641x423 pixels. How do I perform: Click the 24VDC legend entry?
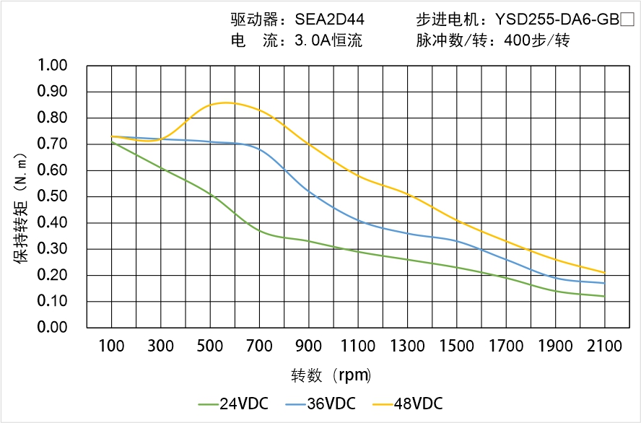(233, 404)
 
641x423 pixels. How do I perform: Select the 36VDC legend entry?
(321, 404)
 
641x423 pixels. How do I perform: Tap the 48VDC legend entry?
(409, 404)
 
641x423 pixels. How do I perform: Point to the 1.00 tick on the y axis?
(52, 66)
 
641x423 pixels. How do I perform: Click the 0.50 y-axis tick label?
(52, 196)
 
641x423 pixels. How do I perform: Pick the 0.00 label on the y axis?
(52, 328)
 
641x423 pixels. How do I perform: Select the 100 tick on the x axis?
(111, 346)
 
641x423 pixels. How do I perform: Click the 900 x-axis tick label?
(309, 346)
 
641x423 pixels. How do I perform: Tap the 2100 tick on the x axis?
(605, 346)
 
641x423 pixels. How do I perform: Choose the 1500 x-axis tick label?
(457, 346)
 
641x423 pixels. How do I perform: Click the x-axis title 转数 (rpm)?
(331, 376)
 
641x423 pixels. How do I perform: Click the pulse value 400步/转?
(538, 41)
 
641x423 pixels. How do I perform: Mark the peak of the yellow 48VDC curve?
(225, 103)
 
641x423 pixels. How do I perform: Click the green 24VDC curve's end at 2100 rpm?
(604, 296)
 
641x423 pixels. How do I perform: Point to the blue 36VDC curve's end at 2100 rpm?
(604, 283)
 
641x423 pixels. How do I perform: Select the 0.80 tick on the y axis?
(52, 118)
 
